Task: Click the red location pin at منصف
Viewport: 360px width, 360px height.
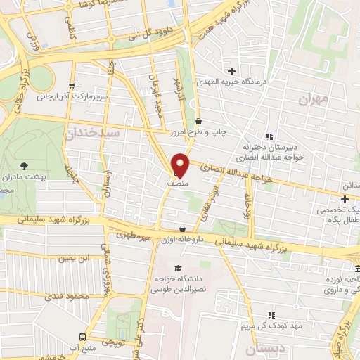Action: tap(180, 165)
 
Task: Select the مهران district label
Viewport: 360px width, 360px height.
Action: tap(314, 99)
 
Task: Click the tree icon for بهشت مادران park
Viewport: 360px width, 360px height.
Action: tap(25, 166)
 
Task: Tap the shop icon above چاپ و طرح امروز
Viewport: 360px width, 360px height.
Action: tap(199, 121)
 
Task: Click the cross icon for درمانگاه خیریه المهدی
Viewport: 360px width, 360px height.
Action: tap(231, 70)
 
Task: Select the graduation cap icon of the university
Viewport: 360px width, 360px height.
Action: tap(179, 268)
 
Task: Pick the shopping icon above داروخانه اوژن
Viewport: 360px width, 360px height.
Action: tap(183, 229)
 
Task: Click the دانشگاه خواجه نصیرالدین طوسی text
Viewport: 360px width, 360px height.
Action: tap(179, 284)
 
